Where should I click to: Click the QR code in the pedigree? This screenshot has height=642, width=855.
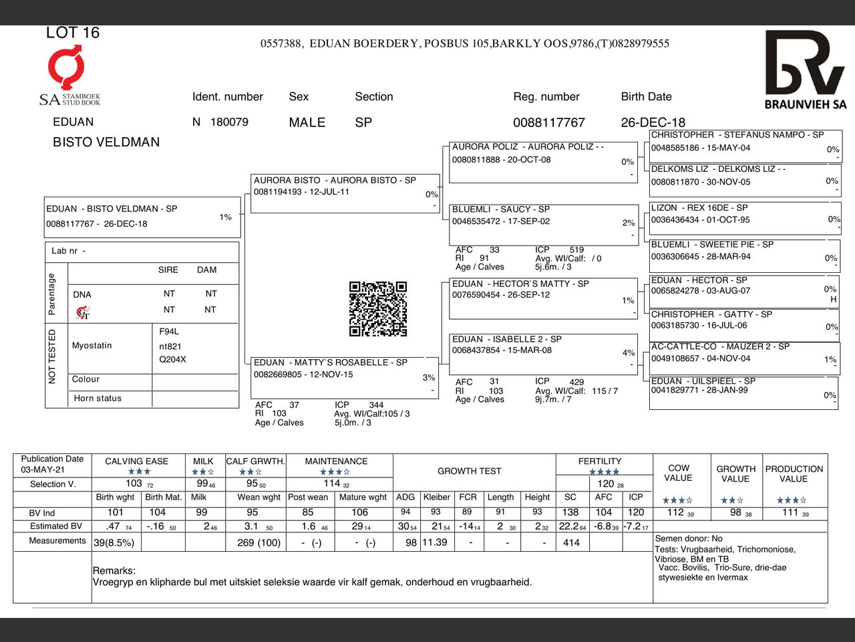click(x=378, y=309)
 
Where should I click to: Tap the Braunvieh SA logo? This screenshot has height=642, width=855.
click(x=805, y=70)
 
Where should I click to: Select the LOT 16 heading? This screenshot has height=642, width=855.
click(x=73, y=33)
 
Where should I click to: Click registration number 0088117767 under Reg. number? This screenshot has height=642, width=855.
click(x=548, y=123)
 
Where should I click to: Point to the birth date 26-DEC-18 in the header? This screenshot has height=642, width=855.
click(x=653, y=123)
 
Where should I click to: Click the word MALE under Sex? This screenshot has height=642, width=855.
click(x=307, y=123)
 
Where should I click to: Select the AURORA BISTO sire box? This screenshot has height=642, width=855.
click(x=345, y=193)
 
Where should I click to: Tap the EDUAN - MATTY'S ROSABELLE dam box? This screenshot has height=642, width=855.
click(x=343, y=377)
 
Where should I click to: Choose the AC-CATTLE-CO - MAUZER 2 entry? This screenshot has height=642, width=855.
click(x=745, y=359)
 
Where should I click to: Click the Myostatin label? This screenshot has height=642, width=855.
click(x=92, y=346)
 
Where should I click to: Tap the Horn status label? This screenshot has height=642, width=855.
click(x=98, y=399)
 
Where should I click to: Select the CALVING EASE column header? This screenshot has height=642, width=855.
click(x=137, y=461)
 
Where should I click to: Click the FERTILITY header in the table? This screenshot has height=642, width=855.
click(x=599, y=461)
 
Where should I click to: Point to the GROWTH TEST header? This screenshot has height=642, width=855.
click(x=469, y=471)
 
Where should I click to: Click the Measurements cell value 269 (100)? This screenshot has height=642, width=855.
click(x=259, y=543)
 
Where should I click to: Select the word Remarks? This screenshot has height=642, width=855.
click(x=114, y=571)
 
